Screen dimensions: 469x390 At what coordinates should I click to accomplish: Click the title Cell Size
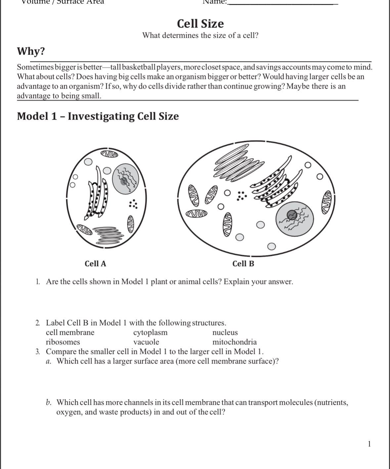[200, 24]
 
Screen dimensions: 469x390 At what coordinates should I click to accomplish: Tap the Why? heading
[31, 52]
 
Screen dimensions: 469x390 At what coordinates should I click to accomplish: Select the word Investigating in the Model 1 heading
[101, 116]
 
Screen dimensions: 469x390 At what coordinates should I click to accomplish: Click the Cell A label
[95, 264]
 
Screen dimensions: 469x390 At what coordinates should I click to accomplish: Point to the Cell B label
[243, 264]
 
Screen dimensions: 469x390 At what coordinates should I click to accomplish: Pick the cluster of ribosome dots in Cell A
[134, 204]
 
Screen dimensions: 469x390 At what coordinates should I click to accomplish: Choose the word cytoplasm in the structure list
[150, 332]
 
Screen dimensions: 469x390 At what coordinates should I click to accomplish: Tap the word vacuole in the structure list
[146, 342]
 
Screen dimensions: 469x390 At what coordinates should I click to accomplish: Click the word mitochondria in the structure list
[234, 342]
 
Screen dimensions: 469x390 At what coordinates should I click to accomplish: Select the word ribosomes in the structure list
[63, 342]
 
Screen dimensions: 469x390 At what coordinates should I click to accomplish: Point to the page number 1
[369, 444]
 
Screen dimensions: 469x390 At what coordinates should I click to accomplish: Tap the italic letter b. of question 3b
[49, 402]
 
